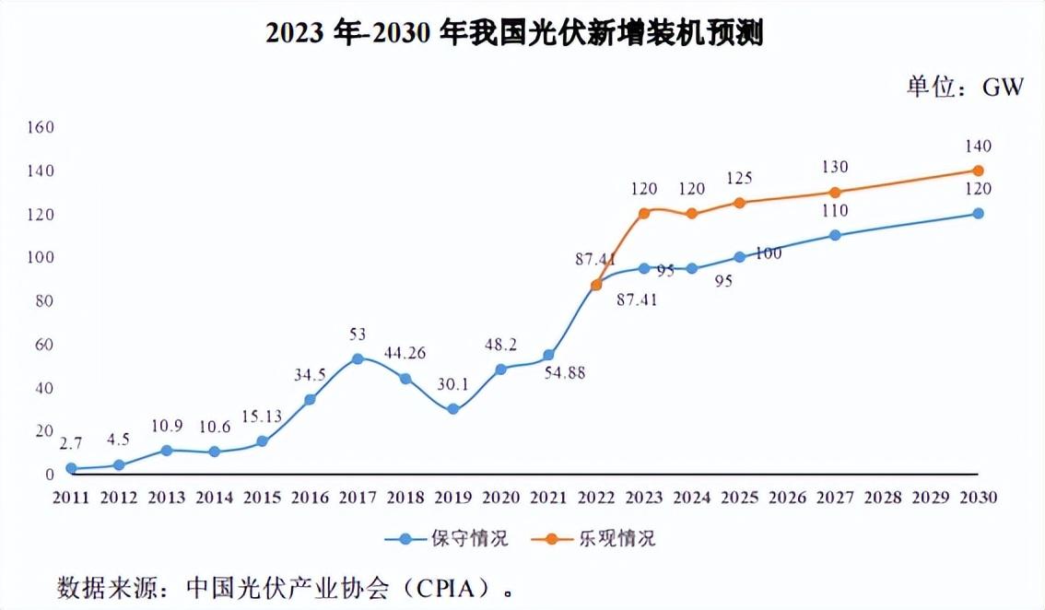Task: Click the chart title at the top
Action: [514, 33]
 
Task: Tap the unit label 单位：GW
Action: [965, 87]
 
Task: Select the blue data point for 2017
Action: [358, 358]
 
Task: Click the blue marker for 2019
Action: [453, 408]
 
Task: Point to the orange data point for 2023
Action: [644, 213]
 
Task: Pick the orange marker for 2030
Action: [979, 170]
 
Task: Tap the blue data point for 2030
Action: [979, 213]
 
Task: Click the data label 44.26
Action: [405, 354]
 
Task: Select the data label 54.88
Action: [565, 373]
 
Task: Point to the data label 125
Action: [741, 177]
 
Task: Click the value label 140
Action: [979, 146]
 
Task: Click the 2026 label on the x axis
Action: [788, 498]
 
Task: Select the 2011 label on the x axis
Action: [71, 498]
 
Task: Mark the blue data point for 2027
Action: [835, 235]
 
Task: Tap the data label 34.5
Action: [310, 375]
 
